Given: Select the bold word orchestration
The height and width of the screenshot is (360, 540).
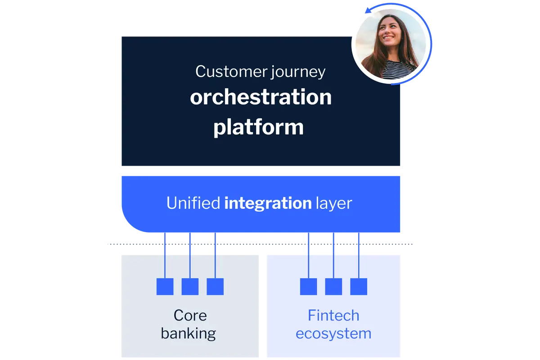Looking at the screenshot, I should tap(261, 97).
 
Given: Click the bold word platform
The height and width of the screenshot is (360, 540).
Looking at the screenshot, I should tap(258, 127).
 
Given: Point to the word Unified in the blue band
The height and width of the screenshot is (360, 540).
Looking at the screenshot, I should tap(193, 203).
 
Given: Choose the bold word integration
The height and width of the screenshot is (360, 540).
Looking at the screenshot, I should tap(268, 203).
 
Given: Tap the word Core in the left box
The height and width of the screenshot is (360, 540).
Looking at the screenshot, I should tap(190, 315).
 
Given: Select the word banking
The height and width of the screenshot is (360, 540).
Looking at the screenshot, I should tap(189, 333).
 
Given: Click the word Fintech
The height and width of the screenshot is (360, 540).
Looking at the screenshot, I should tap(333, 315).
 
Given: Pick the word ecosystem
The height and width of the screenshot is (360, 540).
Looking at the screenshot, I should tap(333, 333).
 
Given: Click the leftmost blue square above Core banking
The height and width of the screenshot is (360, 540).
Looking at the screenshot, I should tap(165, 287).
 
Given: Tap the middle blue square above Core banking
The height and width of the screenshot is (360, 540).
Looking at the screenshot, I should tap(190, 287).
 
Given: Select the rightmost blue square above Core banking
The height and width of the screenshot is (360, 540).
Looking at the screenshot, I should tap(215, 287).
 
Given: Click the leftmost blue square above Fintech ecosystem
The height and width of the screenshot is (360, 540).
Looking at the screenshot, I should tap(309, 287).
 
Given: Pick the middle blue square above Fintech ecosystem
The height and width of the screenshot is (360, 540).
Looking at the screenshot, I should tap(333, 287).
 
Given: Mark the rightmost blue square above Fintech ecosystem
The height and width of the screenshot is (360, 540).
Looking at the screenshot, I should tap(359, 287).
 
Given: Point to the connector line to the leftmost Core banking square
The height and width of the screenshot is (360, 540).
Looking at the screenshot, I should tap(165, 261).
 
